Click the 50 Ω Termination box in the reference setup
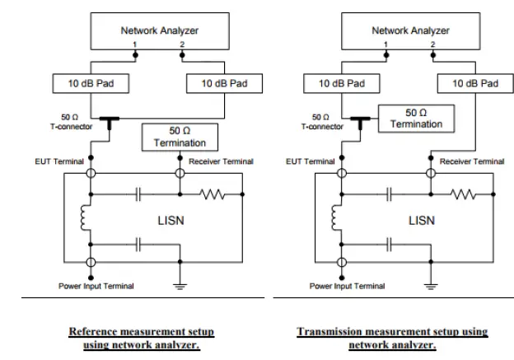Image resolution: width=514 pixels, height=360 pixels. [x=180, y=137]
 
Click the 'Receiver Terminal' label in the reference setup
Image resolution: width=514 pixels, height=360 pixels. [x=220, y=161]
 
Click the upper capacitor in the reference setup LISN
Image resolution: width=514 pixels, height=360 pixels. [x=138, y=195]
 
